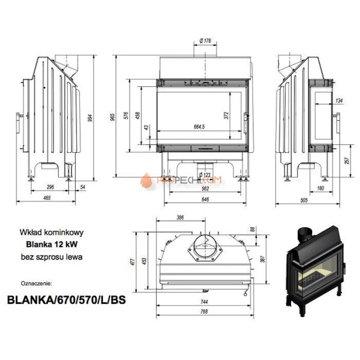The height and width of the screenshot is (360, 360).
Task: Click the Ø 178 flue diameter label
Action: [x=205, y=41]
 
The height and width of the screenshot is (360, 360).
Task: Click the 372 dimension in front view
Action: [x=226, y=116]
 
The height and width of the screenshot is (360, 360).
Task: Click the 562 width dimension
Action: [x=204, y=188]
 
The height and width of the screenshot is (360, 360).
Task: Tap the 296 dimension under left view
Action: [x=50, y=188]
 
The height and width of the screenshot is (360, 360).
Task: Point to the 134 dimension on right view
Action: [x=339, y=100]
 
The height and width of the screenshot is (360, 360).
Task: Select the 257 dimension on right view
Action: [x=348, y=161]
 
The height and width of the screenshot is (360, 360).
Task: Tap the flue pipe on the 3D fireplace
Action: [x=304, y=235]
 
